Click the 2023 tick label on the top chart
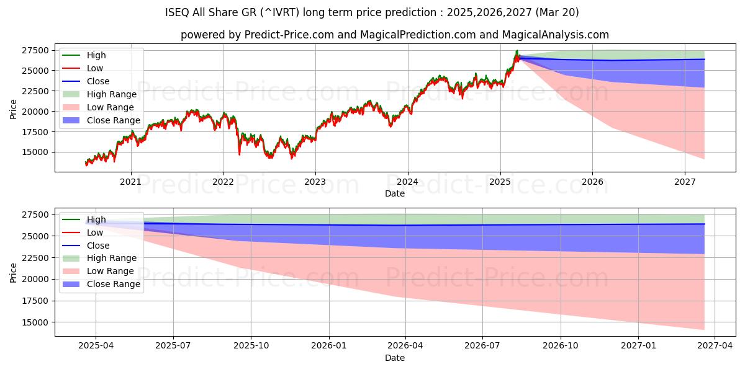(x=315, y=182)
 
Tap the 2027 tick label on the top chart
(x=685, y=182)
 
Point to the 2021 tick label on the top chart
(x=130, y=182)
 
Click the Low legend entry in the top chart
(x=95, y=68)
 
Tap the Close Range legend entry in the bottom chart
(x=114, y=284)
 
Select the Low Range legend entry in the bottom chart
(x=111, y=271)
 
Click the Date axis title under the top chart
(x=395, y=193)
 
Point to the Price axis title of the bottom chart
(x=14, y=272)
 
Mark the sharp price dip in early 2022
(x=240, y=153)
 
